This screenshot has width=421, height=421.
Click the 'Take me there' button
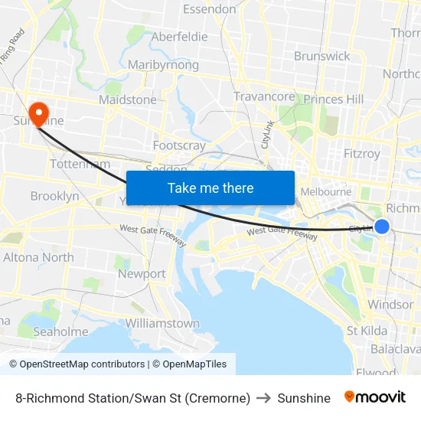(x=210, y=188)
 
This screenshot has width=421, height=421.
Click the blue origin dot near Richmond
(x=382, y=226)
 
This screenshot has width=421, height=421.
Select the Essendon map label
(x=210, y=9)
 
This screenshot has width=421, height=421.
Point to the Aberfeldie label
(x=179, y=37)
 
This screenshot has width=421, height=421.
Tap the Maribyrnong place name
(x=163, y=65)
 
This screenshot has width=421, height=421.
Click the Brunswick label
(x=322, y=56)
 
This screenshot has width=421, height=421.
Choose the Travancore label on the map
(x=264, y=96)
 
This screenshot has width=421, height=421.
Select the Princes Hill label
(x=334, y=100)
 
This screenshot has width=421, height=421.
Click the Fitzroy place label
(x=362, y=153)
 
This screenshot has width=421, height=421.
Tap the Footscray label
(x=179, y=145)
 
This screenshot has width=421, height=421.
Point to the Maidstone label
(x=128, y=100)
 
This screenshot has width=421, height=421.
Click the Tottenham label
(x=80, y=164)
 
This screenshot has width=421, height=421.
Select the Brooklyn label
(x=54, y=197)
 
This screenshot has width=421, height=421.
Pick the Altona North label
(x=38, y=257)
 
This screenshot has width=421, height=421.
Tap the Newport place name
(x=142, y=273)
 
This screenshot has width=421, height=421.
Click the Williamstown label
(x=163, y=323)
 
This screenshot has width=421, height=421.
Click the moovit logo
(x=375, y=397)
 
